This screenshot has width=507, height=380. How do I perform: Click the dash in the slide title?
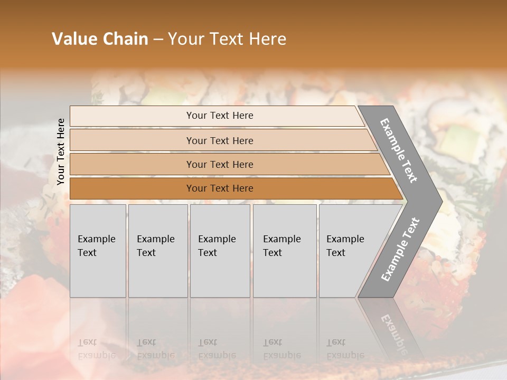tap(158, 40)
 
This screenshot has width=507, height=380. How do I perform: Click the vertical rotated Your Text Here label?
tap(61, 151)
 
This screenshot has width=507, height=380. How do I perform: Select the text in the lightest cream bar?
tap(220, 116)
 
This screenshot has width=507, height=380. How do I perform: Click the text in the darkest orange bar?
tap(220, 188)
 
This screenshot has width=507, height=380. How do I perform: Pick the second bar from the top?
tap(220, 140)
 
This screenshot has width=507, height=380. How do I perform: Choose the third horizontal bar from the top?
tap(220, 165)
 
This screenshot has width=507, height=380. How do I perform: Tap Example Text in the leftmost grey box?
tap(96, 246)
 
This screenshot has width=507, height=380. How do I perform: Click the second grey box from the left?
tap(157, 250)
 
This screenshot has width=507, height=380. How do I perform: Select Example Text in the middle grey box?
tap(217, 246)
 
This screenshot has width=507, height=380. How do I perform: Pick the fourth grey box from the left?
tap(284, 250)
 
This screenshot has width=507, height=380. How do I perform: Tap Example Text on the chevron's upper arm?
tap(399, 151)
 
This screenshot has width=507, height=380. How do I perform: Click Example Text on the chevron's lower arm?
tap(400, 249)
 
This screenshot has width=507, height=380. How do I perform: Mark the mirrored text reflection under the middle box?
tap(217, 349)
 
